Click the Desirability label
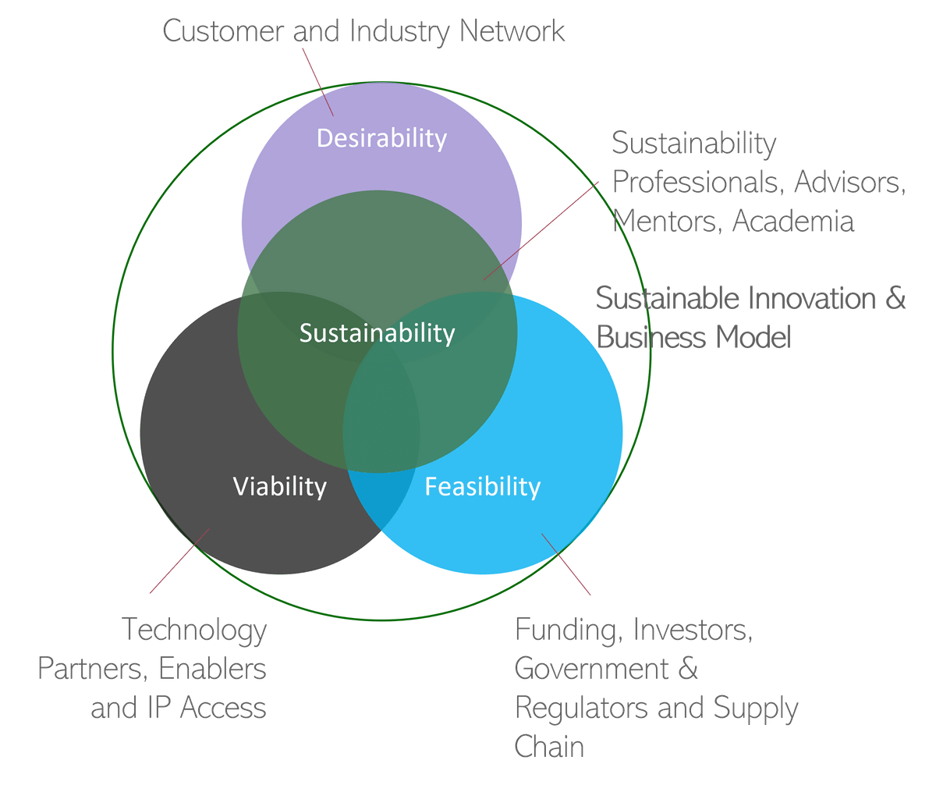381,139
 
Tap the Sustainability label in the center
377,333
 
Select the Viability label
280,487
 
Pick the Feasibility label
482,487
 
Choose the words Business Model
694,337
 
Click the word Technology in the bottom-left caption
195,629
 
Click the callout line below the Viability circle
179,560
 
